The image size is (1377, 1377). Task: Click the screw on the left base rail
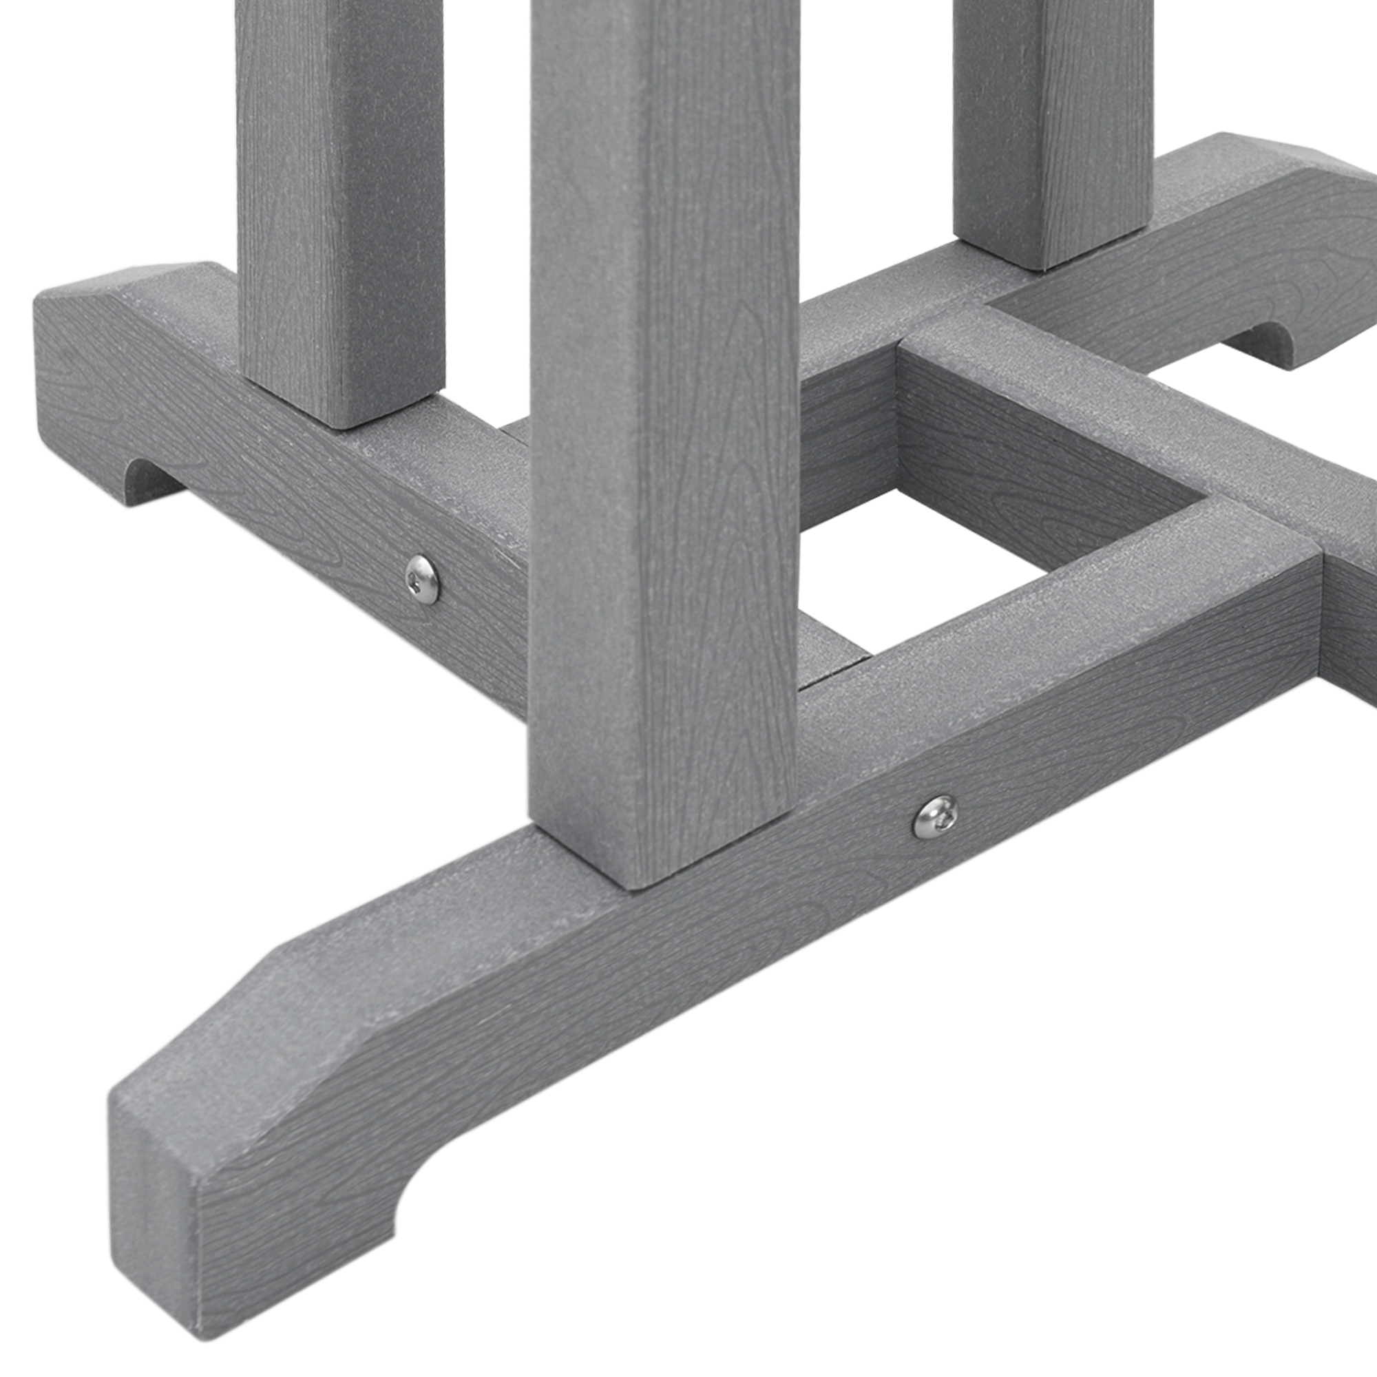click(422, 580)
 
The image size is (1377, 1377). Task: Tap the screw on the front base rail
click(935, 817)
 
